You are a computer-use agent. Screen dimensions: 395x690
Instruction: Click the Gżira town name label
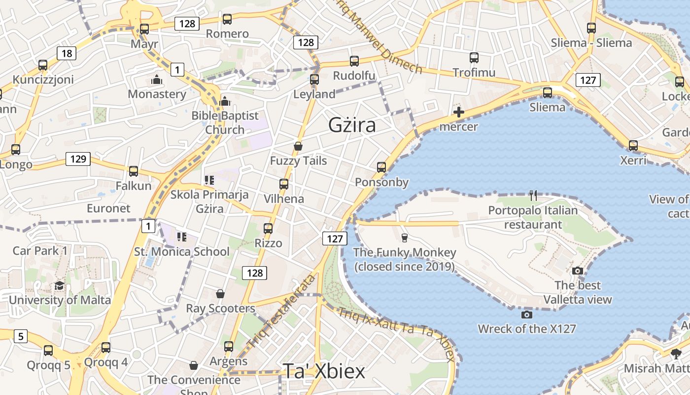352,125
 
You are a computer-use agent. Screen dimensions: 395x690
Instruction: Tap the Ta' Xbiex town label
324,371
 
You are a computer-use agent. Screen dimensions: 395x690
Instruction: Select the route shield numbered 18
67,53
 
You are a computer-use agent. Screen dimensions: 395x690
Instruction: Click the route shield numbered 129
78,159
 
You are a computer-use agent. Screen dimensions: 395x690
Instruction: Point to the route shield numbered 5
20,337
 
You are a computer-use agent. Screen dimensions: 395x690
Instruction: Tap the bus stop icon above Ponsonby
381,167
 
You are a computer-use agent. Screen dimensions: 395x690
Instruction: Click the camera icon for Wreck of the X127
526,315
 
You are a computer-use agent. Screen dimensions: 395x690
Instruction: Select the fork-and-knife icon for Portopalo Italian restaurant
533,196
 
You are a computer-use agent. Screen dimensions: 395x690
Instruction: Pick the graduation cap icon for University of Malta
59,286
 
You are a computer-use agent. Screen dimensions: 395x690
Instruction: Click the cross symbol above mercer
458,112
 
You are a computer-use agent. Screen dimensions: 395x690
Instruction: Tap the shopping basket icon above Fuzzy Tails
298,146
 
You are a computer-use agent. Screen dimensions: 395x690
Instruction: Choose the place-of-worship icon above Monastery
157,79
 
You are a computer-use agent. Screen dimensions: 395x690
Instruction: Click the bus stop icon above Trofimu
474,58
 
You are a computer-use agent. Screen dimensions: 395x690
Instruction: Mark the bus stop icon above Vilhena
283,184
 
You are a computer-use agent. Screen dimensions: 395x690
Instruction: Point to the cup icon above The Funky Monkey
404,238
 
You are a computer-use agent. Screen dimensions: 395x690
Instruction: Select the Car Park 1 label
40,250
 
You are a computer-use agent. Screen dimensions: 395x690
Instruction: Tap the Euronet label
108,208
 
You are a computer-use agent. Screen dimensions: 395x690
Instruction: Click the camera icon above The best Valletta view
578,271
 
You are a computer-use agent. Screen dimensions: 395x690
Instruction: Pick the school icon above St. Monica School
182,237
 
